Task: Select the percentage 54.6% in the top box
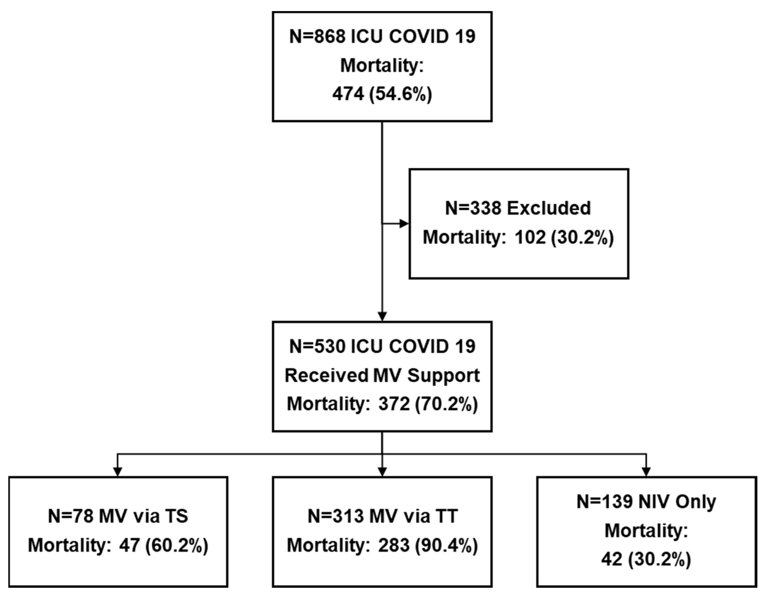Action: pyautogui.click(x=401, y=94)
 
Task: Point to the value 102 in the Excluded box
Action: pyautogui.click(x=530, y=237)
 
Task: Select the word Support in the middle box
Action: pyautogui.click(x=444, y=375)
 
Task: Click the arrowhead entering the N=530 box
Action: pyautogui.click(x=382, y=316)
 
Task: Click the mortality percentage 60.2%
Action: pyautogui.click(x=177, y=546)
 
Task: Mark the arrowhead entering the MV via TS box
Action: pyautogui.click(x=118, y=472)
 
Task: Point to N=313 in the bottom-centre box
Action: pyautogui.click(x=336, y=516)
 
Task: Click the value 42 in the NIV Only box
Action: pyautogui.click(x=611, y=559)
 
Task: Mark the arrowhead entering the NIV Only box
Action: pyautogui.click(x=646, y=472)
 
